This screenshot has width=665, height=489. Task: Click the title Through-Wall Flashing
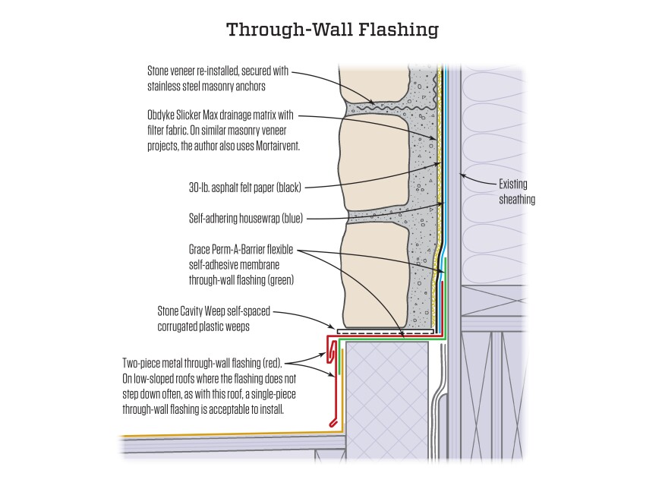click(332, 30)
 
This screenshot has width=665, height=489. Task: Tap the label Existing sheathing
click(516, 191)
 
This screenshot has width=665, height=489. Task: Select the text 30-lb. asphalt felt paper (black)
click(244, 188)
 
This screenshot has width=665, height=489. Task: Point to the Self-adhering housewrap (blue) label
click(246, 219)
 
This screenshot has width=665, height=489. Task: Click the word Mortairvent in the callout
click(277, 146)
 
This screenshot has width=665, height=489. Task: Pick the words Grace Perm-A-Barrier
click(227, 249)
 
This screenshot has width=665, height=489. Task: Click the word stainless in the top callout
click(164, 86)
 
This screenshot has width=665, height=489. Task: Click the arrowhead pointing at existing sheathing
click(462, 175)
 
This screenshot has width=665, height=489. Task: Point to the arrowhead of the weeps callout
click(331, 327)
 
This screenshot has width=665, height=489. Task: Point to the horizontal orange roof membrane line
click(231, 435)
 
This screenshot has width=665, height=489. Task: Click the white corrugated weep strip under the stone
click(385, 331)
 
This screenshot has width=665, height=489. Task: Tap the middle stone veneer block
click(375, 162)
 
